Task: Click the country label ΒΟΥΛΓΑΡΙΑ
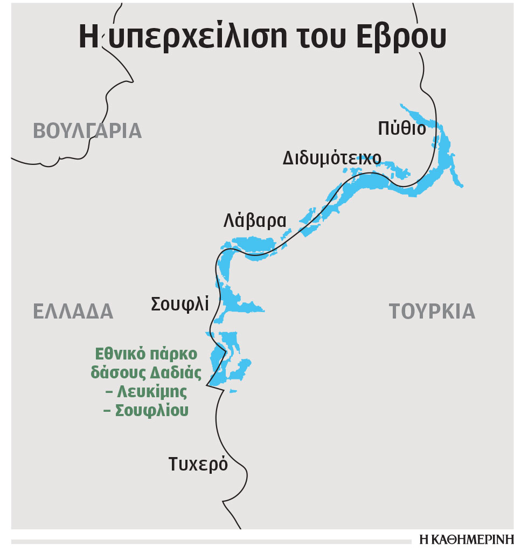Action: [x=87, y=131]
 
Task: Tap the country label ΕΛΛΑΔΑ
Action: [x=73, y=311]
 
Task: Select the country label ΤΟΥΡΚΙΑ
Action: [x=432, y=311]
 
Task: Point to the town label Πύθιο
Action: [x=401, y=128]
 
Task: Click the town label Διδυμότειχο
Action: [x=332, y=158]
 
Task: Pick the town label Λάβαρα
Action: [x=255, y=221]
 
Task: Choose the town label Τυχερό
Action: [x=198, y=464]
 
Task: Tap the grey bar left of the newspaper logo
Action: [x=210, y=541]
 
